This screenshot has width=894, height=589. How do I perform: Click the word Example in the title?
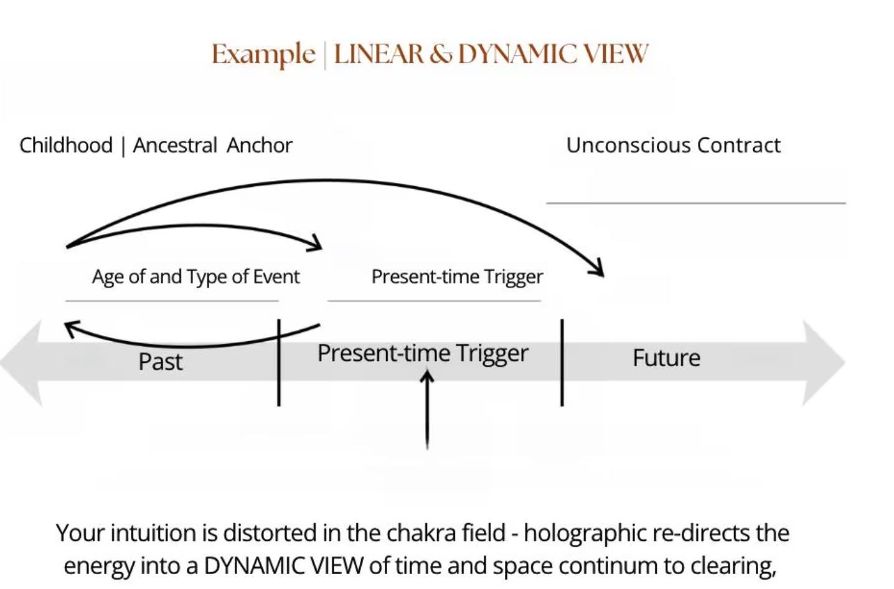point(263,55)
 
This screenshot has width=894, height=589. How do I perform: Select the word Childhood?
point(66,145)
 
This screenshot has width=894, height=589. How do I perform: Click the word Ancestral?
point(175,145)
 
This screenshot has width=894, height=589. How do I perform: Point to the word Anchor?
point(260,145)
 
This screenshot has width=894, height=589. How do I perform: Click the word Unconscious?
point(629,145)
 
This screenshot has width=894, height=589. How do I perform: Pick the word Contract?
point(739,145)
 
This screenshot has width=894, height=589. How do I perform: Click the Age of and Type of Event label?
point(195,276)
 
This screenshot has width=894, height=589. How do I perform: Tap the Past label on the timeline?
point(161,362)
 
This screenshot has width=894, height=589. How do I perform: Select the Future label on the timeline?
point(666,358)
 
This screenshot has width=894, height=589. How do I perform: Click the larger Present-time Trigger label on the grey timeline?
point(423,353)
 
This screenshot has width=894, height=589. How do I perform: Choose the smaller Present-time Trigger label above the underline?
point(457,276)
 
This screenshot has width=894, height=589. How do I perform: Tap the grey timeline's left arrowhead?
point(22,363)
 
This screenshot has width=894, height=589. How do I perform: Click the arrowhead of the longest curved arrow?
point(598,268)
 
